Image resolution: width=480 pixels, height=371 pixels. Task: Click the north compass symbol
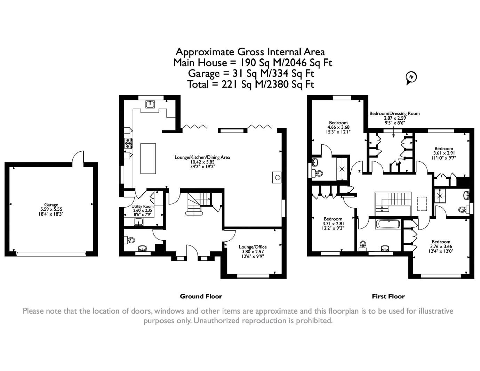411,77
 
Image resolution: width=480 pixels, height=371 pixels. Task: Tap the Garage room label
51,205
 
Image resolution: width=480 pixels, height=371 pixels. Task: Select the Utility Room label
143,206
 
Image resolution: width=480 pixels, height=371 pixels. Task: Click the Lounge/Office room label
253,247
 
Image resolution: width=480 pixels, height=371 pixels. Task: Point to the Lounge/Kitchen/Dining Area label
202,157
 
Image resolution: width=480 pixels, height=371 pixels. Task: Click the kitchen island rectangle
148,158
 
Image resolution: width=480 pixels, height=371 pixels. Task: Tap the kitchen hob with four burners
128,142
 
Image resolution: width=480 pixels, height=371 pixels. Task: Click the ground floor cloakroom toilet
131,240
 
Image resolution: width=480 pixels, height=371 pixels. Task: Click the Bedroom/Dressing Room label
394,113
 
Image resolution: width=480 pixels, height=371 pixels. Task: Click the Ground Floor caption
201,296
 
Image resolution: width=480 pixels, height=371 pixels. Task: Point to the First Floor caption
388,296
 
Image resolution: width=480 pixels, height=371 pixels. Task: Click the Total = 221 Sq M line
250,84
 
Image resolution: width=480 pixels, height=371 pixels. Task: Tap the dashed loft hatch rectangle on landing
422,204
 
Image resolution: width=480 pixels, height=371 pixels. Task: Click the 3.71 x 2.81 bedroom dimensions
333,224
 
